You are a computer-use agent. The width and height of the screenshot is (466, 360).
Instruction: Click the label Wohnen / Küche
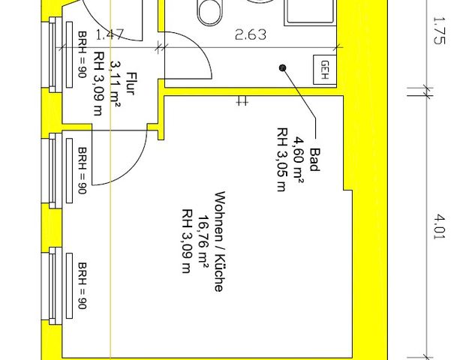pyautogui.click(x=218, y=241)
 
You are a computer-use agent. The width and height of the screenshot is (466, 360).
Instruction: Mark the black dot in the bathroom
pyautogui.click(x=283, y=68)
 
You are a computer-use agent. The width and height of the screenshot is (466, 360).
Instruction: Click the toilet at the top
pyautogui.click(x=208, y=11)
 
